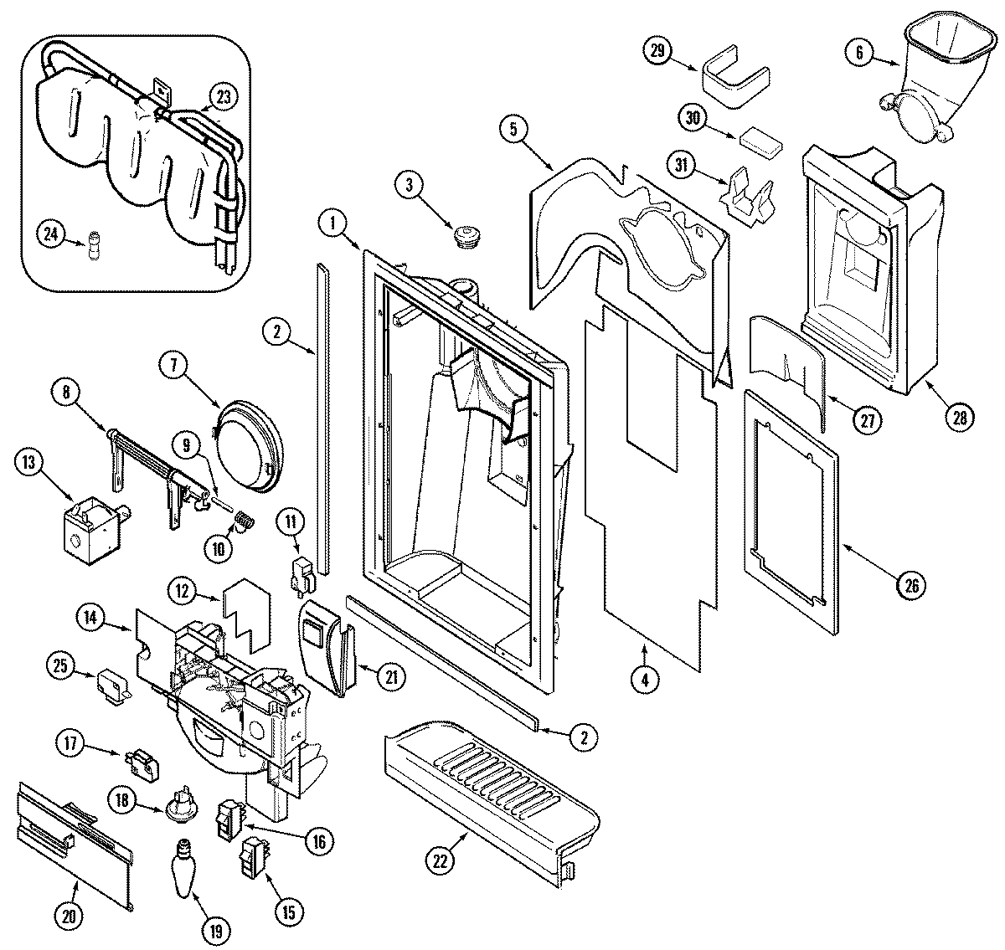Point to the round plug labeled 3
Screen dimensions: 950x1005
pyautogui.click(x=463, y=237)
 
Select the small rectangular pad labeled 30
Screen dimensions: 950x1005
pyautogui.click(x=758, y=141)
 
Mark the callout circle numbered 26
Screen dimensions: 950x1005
pyautogui.click(x=912, y=584)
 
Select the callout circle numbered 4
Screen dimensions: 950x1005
pyautogui.click(x=645, y=680)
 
